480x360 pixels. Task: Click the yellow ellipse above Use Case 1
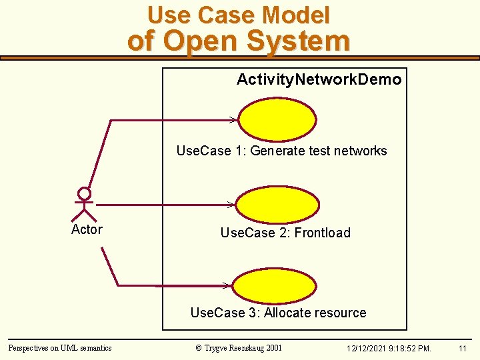pos(277,121)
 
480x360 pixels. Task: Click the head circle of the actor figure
pos(84,194)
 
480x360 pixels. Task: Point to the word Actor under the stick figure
pos(87,229)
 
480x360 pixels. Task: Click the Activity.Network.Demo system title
pos(319,80)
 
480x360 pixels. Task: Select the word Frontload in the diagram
pos(323,233)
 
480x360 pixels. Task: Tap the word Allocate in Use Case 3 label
pos(289,313)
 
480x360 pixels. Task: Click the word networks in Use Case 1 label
pos(361,151)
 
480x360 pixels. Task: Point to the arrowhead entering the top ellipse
pos(233,120)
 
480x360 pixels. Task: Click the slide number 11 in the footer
pos(463,348)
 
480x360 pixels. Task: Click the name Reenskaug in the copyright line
pos(245,347)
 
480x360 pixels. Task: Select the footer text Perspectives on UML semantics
pos(60,347)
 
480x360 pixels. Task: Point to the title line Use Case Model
pos(239,15)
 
